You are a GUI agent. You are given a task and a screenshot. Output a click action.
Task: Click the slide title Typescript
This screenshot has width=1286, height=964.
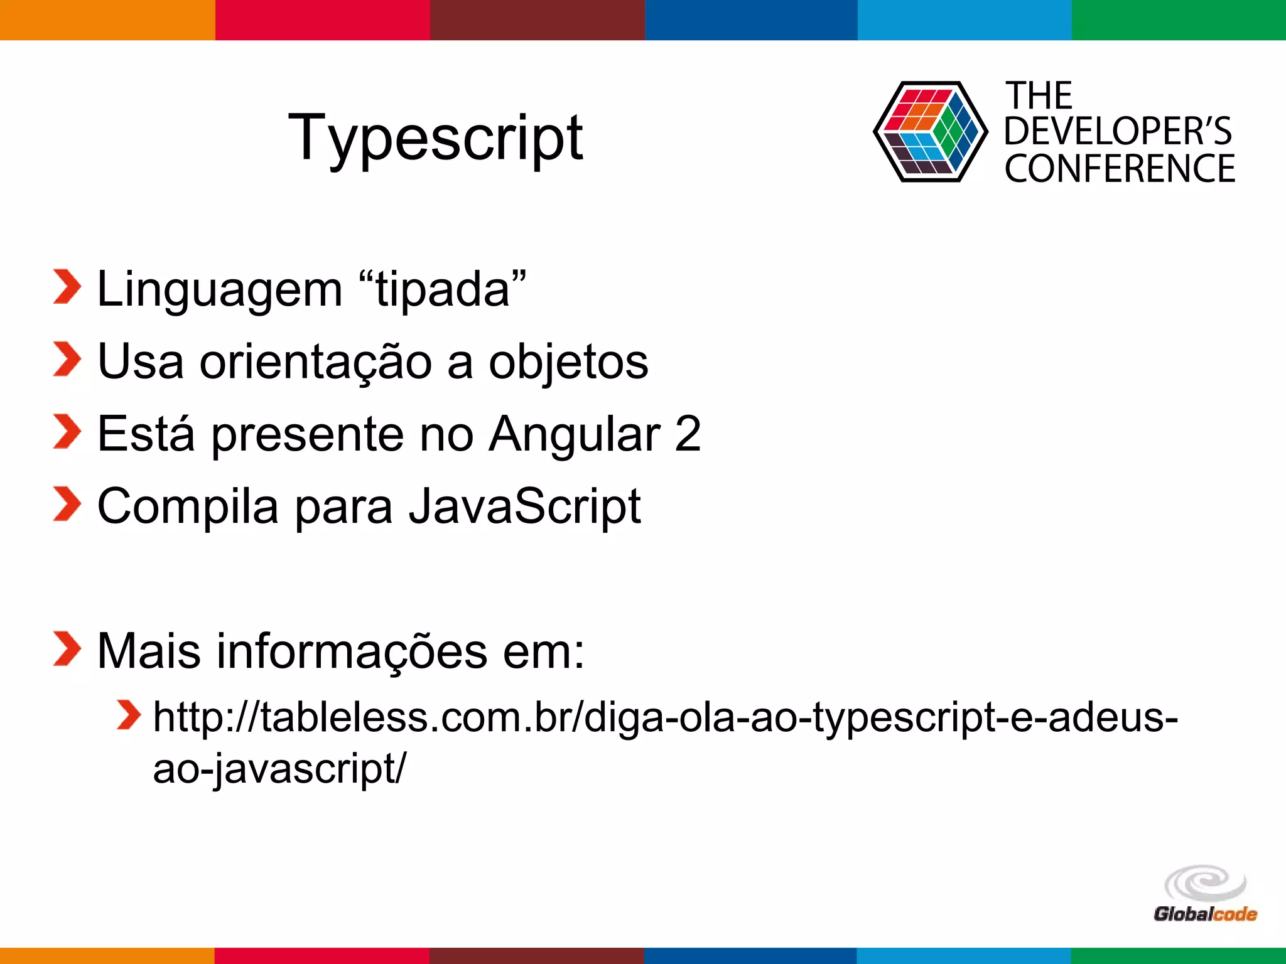[435, 138]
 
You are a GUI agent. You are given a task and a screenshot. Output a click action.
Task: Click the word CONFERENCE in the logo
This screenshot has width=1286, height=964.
[1120, 169]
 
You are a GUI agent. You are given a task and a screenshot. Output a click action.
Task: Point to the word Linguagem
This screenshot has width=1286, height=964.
[220, 290]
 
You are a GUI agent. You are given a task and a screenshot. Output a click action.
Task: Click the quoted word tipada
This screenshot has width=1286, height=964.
[443, 290]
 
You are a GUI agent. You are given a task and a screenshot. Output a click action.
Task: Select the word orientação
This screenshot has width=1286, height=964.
[315, 362]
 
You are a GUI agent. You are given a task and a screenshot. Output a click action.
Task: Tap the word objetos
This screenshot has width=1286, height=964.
[568, 362]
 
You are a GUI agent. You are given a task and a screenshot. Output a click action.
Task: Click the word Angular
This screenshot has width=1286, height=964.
[574, 434]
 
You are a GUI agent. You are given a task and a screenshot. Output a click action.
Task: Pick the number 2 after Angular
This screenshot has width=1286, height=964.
[688, 434]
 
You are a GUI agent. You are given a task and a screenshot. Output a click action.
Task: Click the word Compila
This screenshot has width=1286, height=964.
[188, 506]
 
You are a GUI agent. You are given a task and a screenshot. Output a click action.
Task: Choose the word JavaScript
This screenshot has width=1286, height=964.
[525, 506]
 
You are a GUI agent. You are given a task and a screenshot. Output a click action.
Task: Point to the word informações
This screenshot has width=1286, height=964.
[352, 651]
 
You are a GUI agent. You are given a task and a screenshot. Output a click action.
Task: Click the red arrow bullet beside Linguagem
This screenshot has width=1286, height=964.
[67, 287]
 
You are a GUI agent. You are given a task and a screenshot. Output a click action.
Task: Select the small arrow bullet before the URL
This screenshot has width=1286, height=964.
[129, 715]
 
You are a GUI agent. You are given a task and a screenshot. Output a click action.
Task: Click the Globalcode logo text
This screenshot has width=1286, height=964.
[1205, 914]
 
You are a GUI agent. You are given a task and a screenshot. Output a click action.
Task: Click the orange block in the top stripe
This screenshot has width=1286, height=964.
[107, 20]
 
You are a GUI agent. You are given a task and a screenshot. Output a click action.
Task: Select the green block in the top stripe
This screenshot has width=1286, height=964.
[1179, 20]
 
